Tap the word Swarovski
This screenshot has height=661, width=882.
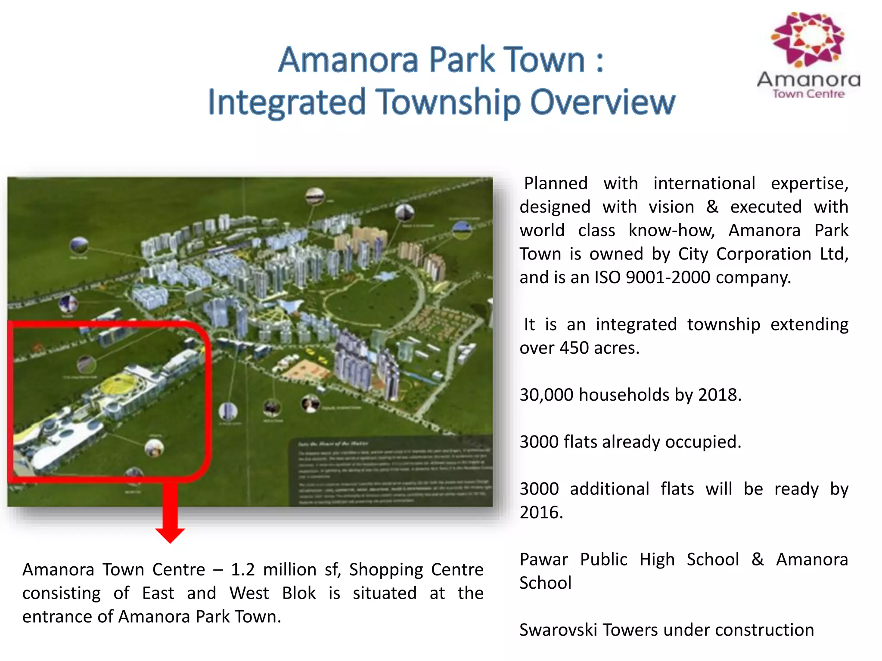[558, 630]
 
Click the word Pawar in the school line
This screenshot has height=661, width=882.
[543, 559]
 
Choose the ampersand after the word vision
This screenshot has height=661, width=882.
[712, 207]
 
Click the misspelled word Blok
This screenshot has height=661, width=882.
[299, 593]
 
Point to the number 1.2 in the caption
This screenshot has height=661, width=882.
[242, 569]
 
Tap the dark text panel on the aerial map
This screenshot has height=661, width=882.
[392, 471]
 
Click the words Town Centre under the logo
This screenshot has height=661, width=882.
[808, 94]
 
